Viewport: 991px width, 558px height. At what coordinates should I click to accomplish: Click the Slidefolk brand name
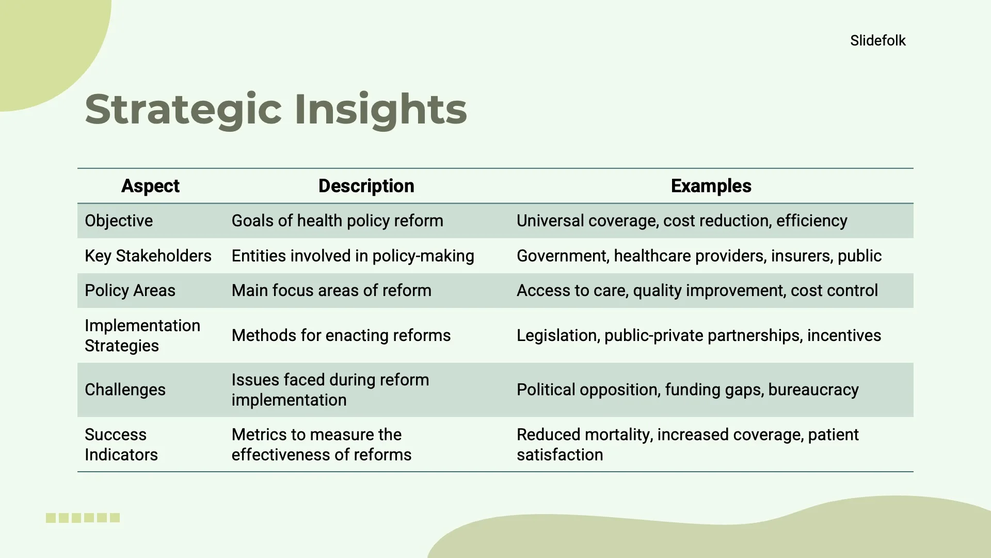point(877,40)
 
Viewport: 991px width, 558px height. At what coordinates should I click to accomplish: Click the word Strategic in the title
point(183,110)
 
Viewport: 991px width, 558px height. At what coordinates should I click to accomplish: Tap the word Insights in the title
point(380,110)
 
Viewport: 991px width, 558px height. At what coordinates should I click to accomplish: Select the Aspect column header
point(150,186)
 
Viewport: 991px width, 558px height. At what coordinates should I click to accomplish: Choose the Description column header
point(366,186)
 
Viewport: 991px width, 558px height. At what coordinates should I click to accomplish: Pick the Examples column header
point(711,186)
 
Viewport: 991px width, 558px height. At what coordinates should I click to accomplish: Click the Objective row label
point(119,221)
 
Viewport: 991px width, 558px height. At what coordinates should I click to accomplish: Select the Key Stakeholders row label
point(148,256)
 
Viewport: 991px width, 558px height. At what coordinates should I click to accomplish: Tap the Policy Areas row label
point(130,290)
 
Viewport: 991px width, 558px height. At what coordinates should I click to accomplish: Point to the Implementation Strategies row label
point(142,335)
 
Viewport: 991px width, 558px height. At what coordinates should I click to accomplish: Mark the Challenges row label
point(125,390)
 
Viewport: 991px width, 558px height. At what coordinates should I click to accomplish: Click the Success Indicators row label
point(121,444)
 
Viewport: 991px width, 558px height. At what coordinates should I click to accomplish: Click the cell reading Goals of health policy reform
point(337,221)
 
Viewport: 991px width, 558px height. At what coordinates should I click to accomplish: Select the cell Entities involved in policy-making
point(353,256)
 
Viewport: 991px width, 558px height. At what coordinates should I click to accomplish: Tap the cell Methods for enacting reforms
point(341,335)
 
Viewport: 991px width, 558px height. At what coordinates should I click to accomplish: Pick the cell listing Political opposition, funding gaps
point(687,390)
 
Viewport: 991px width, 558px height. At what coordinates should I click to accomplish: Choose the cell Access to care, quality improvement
point(697,290)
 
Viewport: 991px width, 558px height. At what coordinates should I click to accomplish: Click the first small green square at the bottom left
point(51,518)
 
